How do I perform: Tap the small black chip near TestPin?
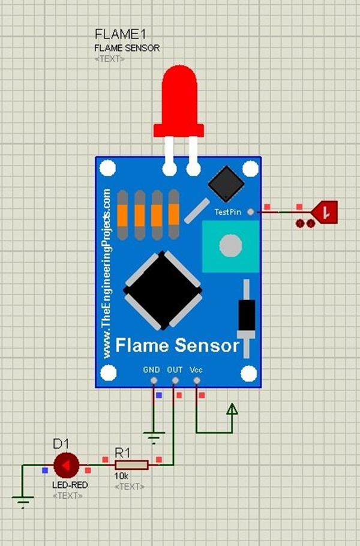pos(226,184)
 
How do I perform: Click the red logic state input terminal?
pos(325,211)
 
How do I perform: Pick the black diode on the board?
pos(246,315)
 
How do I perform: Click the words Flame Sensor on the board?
pos(177,346)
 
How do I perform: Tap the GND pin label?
pos(152,370)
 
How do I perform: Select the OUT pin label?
pos(175,370)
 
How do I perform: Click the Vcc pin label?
pos(196,370)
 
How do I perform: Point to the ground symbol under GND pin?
pos(154,436)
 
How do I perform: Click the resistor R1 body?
pos(131,465)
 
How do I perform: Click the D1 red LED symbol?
pos(66,465)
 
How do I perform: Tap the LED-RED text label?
pos(66,484)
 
